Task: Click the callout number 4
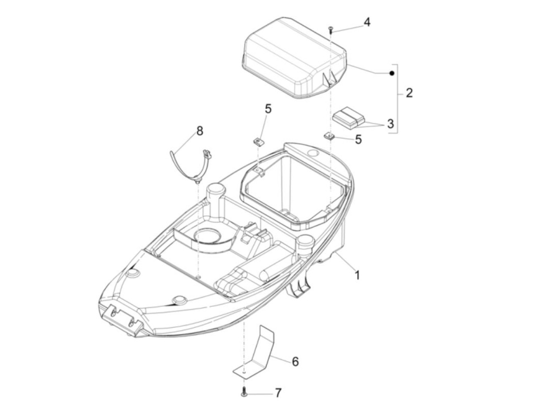(x=367, y=22)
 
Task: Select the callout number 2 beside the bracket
(x=409, y=93)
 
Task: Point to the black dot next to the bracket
(x=392, y=73)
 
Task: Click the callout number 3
(x=390, y=124)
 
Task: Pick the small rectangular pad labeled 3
(x=349, y=118)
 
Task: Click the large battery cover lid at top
(x=294, y=58)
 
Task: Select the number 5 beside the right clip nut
(x=358, y=139)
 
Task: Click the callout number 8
(x=200, y=131)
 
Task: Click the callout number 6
(x=295, y=362)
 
